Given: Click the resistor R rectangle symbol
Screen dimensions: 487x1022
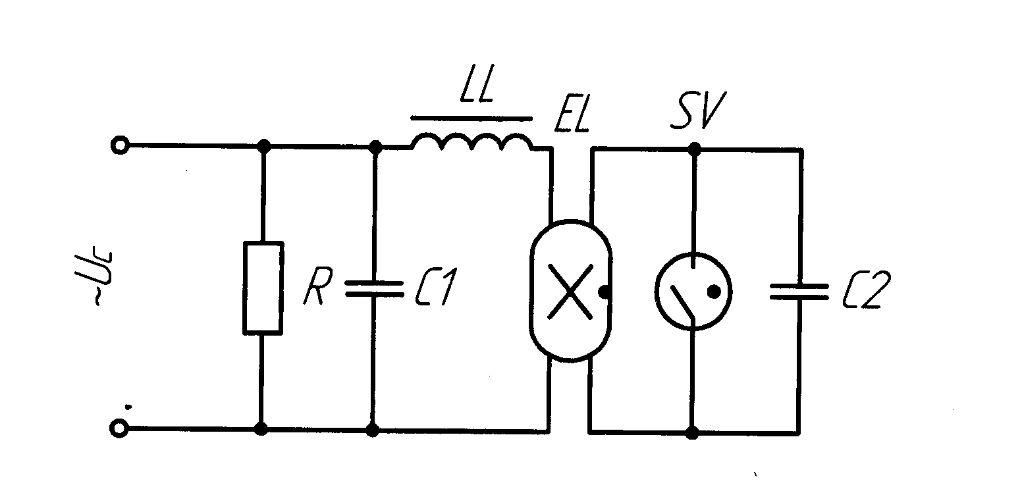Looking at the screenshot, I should [x=263, y=288].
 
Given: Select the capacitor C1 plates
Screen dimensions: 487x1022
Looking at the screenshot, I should [x=373, y=288].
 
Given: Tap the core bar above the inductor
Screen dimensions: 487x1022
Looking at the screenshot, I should [x=471, y=118].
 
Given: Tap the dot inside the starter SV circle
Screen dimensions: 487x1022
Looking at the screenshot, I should [x=713, y=290].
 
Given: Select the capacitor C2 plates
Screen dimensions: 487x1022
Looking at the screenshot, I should [x=799, y=292].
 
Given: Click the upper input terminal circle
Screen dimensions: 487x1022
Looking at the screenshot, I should [x=119, y=145].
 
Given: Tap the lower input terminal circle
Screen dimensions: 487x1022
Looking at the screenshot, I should [x=119, y=429].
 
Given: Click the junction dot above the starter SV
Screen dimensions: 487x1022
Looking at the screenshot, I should [x=693, y=150].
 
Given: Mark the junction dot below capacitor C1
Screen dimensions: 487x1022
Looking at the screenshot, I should [x=373, y=430].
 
